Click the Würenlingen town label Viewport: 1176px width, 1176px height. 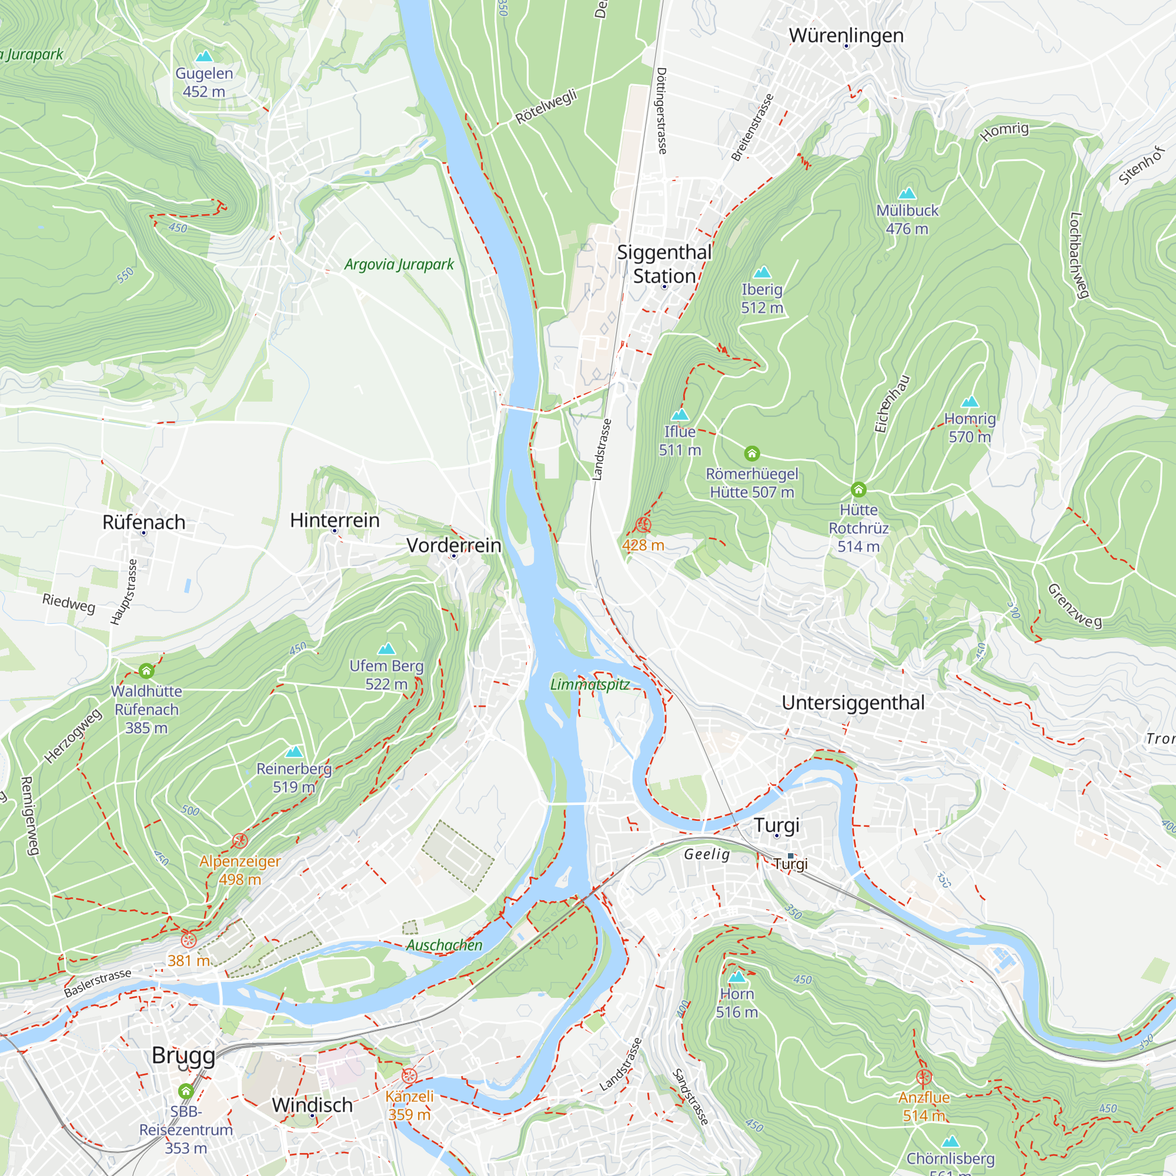coord(846,35)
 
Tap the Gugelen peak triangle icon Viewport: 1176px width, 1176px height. coord(204,56)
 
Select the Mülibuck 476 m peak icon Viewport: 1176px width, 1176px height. coord(907,193)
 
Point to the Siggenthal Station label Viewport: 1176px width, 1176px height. coord(664,264)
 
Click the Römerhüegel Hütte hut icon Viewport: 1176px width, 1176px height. coord(751,453)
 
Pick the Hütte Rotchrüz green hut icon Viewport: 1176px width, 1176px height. coord(858,489)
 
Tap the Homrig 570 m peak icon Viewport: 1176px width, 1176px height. coord(970,402)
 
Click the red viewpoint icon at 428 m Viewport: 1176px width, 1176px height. coord(643,524)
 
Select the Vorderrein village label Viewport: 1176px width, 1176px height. coord(454,546)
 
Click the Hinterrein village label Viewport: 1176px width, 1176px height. coord(335,520)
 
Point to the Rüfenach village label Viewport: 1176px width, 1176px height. coord(143,522)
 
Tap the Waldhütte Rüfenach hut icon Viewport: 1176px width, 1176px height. coord(146,671)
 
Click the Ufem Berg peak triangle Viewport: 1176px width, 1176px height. coord(386,649)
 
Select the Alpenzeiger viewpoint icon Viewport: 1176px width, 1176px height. coord(240,841)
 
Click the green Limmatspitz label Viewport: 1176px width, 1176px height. coord(590,684)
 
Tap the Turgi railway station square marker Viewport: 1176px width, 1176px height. coord(790,856)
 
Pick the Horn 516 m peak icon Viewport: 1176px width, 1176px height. coord(737,977)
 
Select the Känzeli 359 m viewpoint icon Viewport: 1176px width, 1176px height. coord(409,1075)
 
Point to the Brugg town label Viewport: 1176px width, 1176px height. coord(183,1055)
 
